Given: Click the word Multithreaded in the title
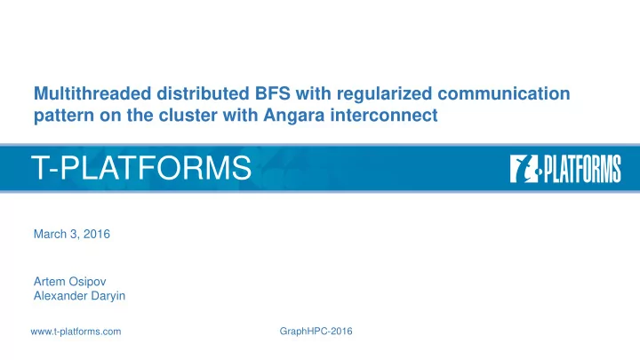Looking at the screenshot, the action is [92, 93].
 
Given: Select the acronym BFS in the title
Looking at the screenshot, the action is [273, 93].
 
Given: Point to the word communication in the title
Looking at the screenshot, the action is [504, 93].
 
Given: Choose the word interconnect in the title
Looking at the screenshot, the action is [384, 115].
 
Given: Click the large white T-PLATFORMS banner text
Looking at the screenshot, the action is [141, 167].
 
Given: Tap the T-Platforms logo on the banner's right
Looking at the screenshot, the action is [565, 169].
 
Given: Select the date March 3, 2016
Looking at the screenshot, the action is [72, 234].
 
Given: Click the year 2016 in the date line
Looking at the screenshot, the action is [97, 234].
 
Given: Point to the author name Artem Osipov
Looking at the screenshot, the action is [70, 282].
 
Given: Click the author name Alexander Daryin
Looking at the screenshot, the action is [80, 296].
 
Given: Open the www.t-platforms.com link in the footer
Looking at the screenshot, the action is [76, 332].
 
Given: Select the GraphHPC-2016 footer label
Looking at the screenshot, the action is [316, 332].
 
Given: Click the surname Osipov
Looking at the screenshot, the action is [87, 282].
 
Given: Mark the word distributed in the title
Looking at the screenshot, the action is [204, 93].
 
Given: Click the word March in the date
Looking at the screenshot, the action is [50, 234].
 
